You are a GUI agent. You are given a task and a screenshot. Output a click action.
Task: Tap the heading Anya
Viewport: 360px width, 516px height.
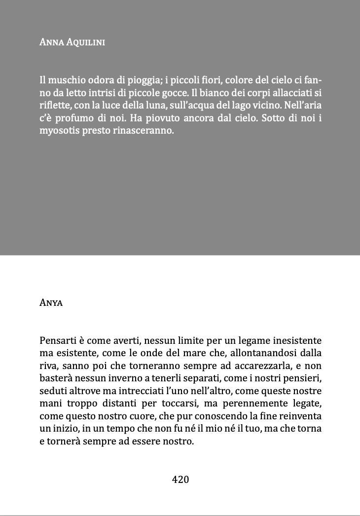click(51, 302)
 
